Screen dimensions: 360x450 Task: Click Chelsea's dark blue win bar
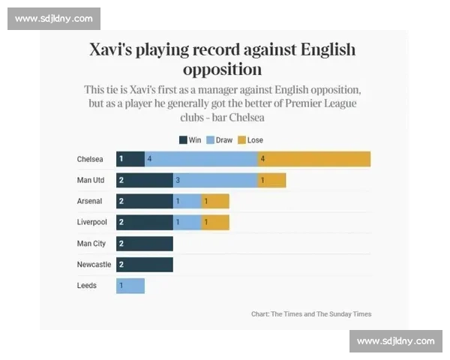coord(130,159)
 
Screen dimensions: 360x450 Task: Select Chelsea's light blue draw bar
coord(201,159)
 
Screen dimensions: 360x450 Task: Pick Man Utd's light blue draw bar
coord(215,180)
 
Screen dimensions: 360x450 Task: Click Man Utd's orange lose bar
coord(271,180)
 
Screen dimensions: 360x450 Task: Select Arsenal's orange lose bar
coord(215,201)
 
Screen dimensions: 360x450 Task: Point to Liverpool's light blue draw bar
coord(187,223)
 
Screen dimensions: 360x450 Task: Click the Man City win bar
coord(144,244)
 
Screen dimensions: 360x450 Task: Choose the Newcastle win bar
coord(144,265)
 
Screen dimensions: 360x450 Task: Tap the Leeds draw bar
coord(130,286)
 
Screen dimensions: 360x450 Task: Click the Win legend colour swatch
coord(183,140)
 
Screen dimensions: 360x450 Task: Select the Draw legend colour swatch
coord(211,140)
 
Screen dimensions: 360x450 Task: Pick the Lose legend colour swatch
coord(241,140)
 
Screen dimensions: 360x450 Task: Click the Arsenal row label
coord(89,202)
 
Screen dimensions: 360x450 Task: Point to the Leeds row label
coord(86,286)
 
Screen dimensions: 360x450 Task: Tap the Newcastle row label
coord(94,265)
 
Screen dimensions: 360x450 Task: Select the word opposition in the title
coord(222,70)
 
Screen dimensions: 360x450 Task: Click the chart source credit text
coord(310,314)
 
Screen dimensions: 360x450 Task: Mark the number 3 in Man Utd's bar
coord(178,181)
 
